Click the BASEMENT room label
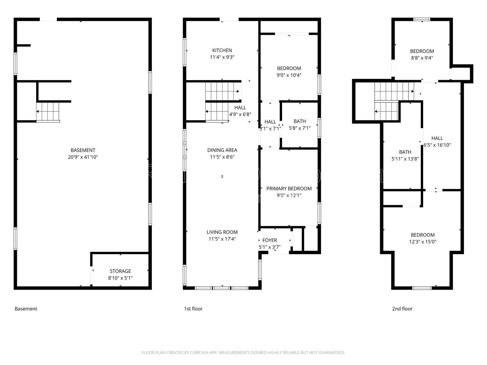pyautogui.click(x=83, y=150)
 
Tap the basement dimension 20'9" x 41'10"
pyautogui.click(x=83, y=157)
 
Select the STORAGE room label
pyautogui.click(x=120, y=271)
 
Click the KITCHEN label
pyautogui.click(x=222, y=50)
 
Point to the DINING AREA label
pyautogui.click(x=222, y=150)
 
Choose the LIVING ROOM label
pyautogui.click(x=222, y=232)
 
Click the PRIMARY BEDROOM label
pyautogui.click(x=289, y=189)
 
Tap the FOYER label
pyautogui.click(x=270, y=240)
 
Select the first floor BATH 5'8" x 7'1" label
pyautogui.click(x=300, y=121)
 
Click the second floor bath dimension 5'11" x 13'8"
pyautogui.click(x=405, y=159)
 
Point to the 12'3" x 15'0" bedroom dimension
pyautogui.click(x=422, y=242)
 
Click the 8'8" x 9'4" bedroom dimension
pyautogui.click(x=422, y=58)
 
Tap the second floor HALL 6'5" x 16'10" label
pyautogui.click(x=437, y=138)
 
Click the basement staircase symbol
pyautogui.click(x=48, y=111)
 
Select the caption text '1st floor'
pyautogui.click(x=193, y=309)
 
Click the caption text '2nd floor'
pyautogui.click(x=402, y=309)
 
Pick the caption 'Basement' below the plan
pyautogui.click(x=26, y=309)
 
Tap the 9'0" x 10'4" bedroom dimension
pyautogui.click(x=289, y=75)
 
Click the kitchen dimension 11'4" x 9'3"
pyautogui.click(x=222, y=57)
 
